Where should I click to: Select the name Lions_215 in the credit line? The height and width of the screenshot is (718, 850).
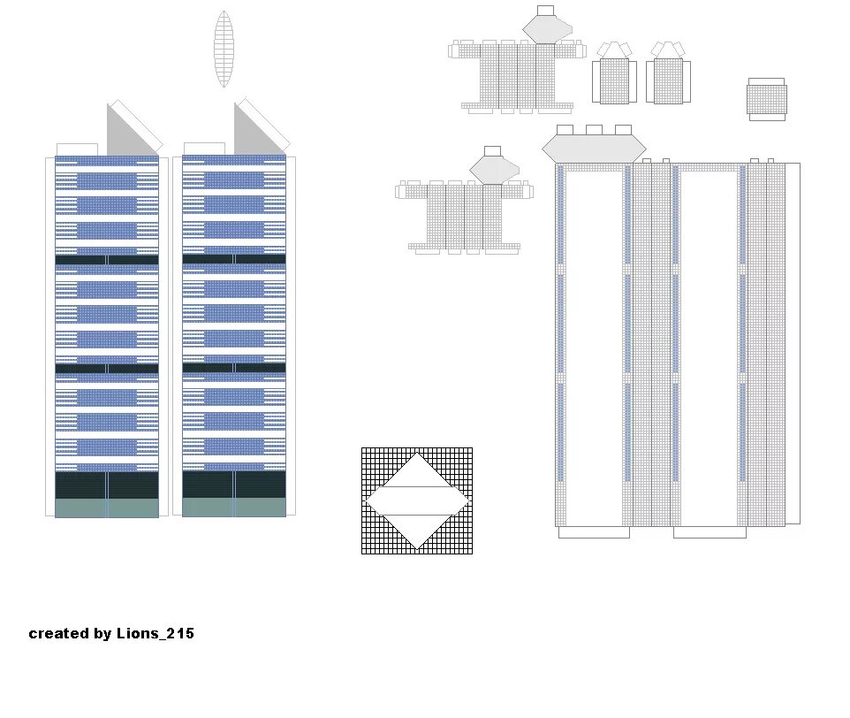155,633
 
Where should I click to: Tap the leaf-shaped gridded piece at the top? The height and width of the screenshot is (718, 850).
224,49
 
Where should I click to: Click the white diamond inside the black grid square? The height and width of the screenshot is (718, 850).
417,500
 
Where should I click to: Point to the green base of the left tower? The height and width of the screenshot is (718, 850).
106,508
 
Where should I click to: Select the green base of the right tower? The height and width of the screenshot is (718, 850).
234,508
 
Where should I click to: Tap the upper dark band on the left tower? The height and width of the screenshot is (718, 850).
106,260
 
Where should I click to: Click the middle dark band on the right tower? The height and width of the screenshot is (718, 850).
234,367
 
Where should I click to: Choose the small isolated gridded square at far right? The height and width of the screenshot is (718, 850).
766,99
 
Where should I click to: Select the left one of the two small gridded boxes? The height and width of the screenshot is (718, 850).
614,80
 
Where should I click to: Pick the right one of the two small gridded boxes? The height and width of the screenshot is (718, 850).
668,80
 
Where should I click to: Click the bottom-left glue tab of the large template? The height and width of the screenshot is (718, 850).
594,532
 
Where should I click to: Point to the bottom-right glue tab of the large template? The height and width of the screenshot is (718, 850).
710,532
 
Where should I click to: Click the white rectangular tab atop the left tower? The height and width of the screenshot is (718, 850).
77,149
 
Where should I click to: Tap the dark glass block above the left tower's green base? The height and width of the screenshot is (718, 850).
106,485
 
